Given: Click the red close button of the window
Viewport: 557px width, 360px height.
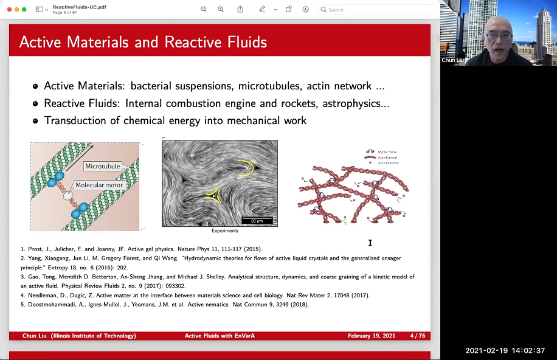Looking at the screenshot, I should point(7,9).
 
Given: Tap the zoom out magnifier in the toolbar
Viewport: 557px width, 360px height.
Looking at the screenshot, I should point(204,9).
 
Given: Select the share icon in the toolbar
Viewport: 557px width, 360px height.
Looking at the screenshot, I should point(240,9).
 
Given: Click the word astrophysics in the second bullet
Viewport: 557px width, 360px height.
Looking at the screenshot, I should point(348,103).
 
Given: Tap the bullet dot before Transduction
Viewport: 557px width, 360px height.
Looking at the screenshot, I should point(36,121).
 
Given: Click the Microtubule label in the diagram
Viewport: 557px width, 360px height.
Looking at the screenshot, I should point(103,166).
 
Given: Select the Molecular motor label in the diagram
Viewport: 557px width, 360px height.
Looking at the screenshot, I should point(99,185).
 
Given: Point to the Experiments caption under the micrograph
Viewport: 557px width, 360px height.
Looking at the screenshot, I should point(225,231).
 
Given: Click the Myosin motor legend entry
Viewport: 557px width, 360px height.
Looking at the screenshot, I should point(387,151).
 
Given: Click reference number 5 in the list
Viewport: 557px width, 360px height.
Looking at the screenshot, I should point(22,304).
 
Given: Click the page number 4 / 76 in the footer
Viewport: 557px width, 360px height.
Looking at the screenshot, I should point(417,336).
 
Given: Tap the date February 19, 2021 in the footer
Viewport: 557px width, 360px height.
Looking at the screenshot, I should point(372,336).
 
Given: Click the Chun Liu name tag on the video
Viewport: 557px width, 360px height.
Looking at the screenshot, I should point(452,60).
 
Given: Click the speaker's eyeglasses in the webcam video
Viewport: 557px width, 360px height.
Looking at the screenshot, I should point(499,36).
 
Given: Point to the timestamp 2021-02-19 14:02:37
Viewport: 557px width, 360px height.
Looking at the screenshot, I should point(505,351).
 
